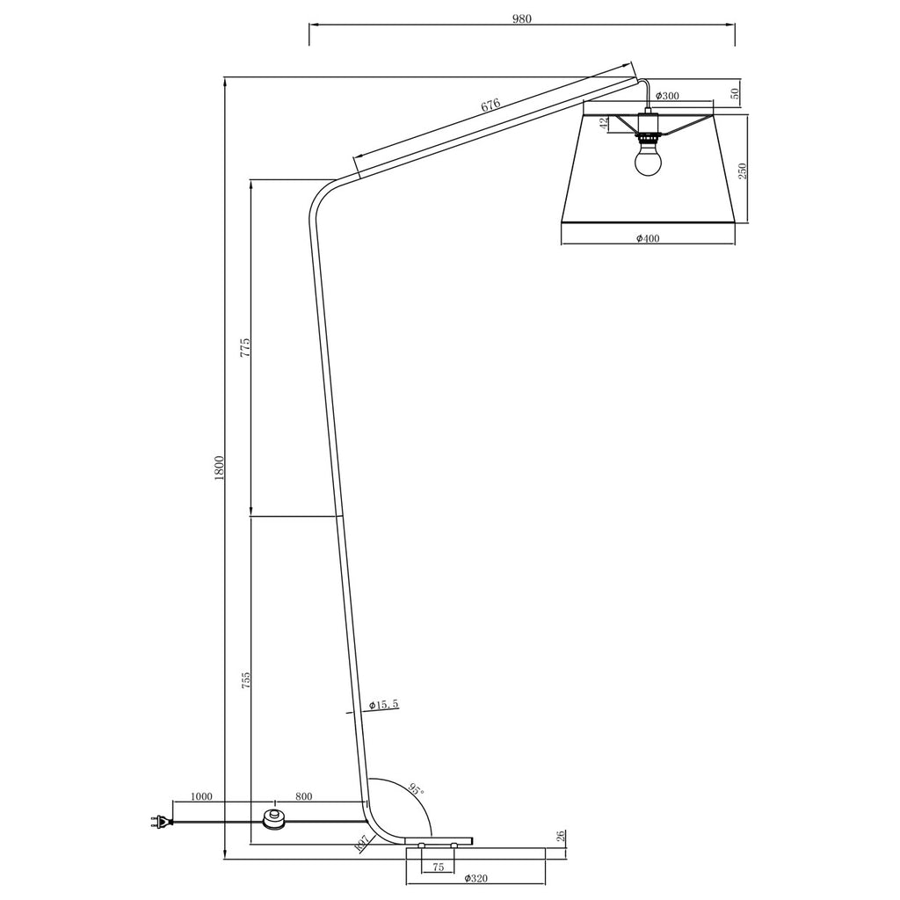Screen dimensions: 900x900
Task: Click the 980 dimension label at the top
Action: point(522,18)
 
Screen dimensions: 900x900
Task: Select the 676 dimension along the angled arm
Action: point(490,105)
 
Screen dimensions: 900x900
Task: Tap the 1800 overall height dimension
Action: point(220,468)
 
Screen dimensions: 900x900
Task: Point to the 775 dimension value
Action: point(246,346)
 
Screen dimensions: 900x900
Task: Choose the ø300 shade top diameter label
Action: point(667,96)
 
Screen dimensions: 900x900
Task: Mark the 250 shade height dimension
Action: point(743,171)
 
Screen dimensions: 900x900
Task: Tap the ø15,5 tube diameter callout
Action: point(384,705)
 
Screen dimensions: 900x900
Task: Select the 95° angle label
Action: point(416,789)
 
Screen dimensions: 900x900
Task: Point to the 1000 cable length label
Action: point(201,797)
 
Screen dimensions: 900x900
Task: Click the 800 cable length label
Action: point(303,797)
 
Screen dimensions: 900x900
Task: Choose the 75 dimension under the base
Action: point(437,866)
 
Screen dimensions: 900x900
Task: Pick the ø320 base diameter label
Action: point(475,879)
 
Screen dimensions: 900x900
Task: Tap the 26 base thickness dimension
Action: point(561,836)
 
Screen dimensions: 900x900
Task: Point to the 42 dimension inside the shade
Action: point(604,124)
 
